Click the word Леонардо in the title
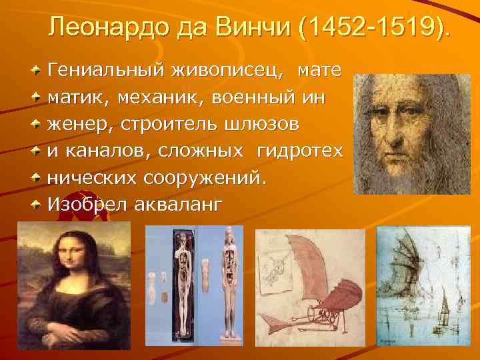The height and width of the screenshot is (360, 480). coord(107,28)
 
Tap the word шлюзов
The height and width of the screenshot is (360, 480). coord(262,125)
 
